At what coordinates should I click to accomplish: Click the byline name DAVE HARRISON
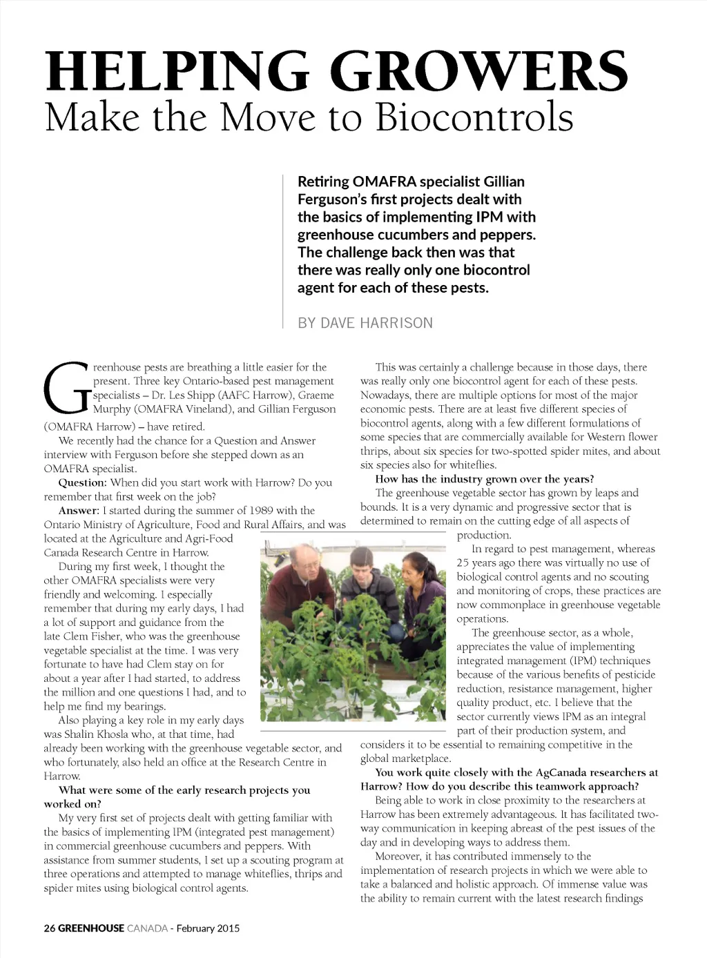[x=377, y=323]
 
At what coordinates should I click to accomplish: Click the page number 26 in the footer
[x=49, y=928]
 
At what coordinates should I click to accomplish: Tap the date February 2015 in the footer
[x=208, y=928]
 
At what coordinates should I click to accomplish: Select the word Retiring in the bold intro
[x=323, y=182]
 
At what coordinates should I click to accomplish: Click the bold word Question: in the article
[x=82, y=482]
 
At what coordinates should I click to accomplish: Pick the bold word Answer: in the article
[x=79, y=511]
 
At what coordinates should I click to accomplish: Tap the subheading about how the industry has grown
[x=484, y=479]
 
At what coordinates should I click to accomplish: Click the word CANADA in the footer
[x=147, y=928]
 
